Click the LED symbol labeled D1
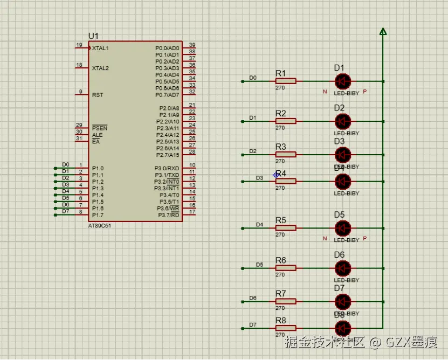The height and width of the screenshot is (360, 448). [x=342, y=81]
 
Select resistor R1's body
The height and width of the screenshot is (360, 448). [x=286, y=81]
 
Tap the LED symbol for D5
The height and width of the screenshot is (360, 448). [x=342, y=228]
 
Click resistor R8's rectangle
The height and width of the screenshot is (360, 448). [x=286, y=328]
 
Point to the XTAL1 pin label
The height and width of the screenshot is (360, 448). [x=100, y=48]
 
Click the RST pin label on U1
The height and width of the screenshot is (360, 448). [x=98, y=95]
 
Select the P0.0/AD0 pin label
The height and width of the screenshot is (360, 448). [x=167, y=48]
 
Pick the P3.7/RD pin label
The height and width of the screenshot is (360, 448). [x=169, y=215]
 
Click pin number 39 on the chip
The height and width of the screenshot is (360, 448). [x=192, y=45]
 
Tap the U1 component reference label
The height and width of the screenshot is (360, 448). [x=94, y=36]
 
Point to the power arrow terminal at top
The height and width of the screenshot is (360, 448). [x=383, y=31]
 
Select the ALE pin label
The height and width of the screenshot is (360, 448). [x=97, y=135]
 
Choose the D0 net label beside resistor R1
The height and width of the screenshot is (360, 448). [x=253, y=78]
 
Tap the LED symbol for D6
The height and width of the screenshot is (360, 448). [x=342, y=268]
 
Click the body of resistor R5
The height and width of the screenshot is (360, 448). [x=286, y=228]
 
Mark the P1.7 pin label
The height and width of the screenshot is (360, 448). [x=98, y=215]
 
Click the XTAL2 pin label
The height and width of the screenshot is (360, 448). [x=100, y=68]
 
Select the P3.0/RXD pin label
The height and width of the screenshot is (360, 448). [x=167, y=169]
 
